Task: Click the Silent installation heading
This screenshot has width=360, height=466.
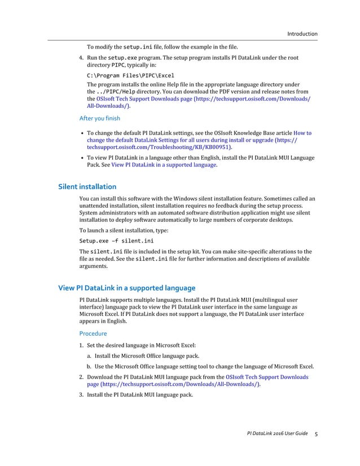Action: click(87, 186)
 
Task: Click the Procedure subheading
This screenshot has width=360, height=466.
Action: click(93, 333)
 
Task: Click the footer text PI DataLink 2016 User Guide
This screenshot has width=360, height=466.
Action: click(277, 434)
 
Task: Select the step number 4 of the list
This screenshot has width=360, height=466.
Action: click(81, 58)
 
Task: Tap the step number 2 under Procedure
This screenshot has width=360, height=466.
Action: click(81, 377)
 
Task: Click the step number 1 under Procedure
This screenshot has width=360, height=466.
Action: click(81, 345)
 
